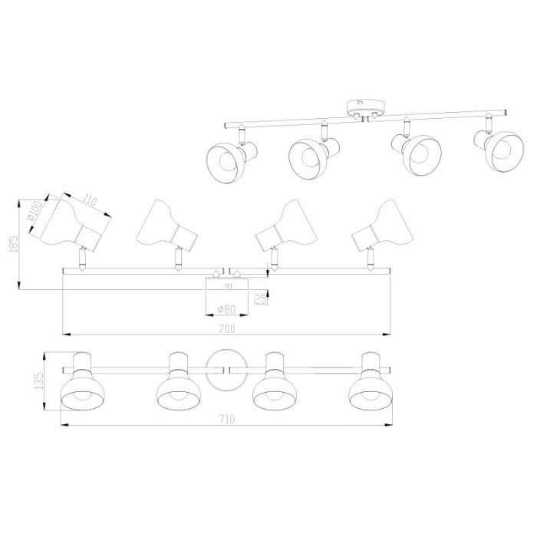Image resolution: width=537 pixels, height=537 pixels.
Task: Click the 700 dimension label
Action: point(227,329)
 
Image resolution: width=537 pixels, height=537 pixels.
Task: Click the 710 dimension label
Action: point(226,419)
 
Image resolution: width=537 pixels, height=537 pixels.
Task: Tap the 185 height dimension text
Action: point(15,243)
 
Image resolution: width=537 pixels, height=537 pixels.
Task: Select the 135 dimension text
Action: point(39,381)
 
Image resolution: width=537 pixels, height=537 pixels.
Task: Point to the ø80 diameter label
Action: point(227,309)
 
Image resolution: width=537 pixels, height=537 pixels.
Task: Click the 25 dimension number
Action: point(261,299)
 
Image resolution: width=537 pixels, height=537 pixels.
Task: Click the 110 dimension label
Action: point(90,201)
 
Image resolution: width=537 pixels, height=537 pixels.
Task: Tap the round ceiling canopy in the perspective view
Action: point(366,107)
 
